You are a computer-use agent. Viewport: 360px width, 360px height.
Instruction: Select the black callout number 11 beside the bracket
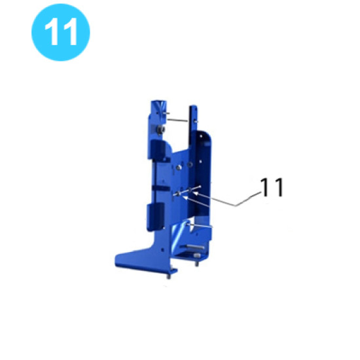(x=272, y=188)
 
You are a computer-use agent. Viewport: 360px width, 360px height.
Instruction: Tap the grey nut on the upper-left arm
(x=159, y=130)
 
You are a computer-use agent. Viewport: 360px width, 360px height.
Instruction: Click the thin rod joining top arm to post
(x=178, y=118)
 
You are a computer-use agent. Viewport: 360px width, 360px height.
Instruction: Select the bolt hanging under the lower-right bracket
(x=196, y=264)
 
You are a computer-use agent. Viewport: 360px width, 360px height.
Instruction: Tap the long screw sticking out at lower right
(x=203, y=226)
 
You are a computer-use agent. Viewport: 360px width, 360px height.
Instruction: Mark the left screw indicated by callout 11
(x=178, y=194)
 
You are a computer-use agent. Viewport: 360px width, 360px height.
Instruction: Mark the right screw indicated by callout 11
(x=193, y=190)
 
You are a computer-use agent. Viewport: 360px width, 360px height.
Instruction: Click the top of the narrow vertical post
(x=194, y=108)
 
